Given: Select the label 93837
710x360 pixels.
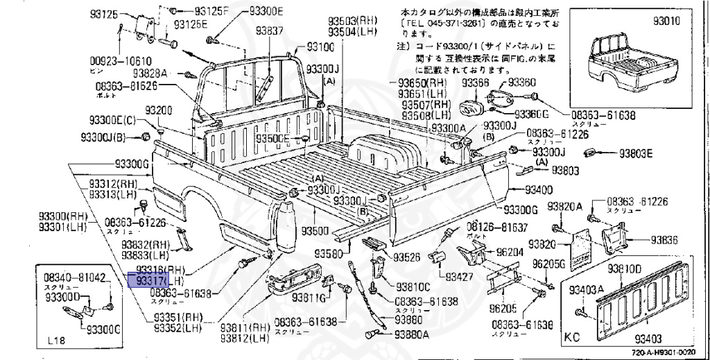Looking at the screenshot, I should tap(269, 31).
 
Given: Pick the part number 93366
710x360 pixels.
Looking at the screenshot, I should tap(476, 83).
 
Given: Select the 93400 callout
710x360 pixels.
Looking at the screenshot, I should tap(538, 189).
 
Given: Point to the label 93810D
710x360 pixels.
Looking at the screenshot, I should tap(625, 268).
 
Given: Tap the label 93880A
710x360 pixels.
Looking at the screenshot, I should tap(411, 334).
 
